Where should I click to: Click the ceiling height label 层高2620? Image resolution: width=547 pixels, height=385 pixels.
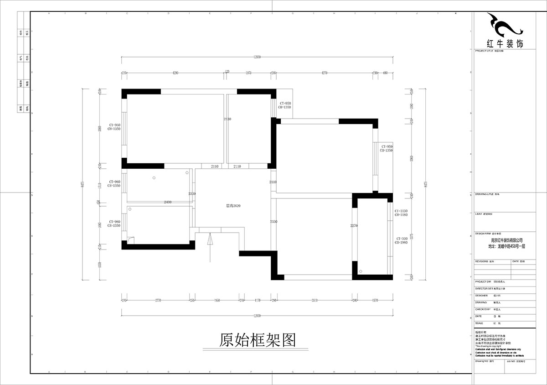click(233, 206)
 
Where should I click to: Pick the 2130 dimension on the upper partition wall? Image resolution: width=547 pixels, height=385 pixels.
click(227, 119)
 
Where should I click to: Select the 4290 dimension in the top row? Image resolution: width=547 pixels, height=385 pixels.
click(175, 73)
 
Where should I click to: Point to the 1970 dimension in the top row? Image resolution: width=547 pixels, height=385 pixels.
click(248, 73)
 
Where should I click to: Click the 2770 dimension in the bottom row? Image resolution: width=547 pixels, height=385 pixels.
click(158, 300)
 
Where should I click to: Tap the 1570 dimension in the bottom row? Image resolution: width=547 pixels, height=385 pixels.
click(375, 300)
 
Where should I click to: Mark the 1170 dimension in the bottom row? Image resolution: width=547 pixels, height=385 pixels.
click(257, 300)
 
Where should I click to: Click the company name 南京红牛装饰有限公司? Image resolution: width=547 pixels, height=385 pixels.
click(506, 240)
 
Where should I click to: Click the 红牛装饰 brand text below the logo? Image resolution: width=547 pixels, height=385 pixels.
click(505, 43)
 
